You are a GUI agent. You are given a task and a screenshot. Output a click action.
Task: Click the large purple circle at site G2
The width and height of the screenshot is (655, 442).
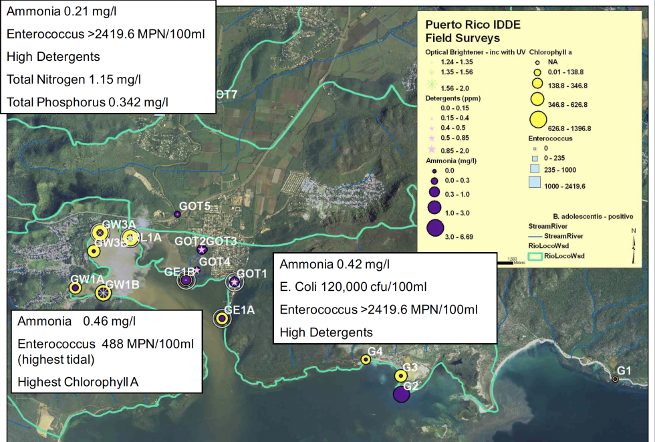pos(401,394)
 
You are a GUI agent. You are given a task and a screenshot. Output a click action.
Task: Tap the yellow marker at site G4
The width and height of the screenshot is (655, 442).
pos(366,360)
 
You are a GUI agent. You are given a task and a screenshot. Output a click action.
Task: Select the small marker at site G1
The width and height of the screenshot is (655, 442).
pos(615,380)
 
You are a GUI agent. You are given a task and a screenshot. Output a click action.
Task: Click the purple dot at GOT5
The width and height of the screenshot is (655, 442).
pos(177,214)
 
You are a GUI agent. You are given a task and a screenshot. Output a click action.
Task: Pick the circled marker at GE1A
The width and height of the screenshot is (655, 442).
pos(222,318)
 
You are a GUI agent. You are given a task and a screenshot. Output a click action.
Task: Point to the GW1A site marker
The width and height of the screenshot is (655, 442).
pos(76,288)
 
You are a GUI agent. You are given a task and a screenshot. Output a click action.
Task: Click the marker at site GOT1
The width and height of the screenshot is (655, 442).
pos(235,282)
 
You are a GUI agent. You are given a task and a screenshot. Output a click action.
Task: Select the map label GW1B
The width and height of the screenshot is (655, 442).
pos(122,285)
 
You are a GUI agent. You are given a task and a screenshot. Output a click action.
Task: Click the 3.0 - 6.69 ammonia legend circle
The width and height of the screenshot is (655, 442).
pos(435,227)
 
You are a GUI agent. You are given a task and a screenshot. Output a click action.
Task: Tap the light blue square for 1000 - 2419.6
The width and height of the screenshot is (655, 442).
pos(535,183)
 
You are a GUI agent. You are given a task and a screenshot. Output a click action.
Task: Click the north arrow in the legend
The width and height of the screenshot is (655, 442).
pos(634,241)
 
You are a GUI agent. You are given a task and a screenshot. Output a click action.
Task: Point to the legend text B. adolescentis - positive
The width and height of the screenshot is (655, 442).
pos(594,217)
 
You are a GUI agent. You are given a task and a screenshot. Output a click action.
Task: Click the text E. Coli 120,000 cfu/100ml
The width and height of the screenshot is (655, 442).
pos(353,288)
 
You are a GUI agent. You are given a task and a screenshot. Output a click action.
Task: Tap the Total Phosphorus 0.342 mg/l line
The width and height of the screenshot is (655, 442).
pos(87,102)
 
